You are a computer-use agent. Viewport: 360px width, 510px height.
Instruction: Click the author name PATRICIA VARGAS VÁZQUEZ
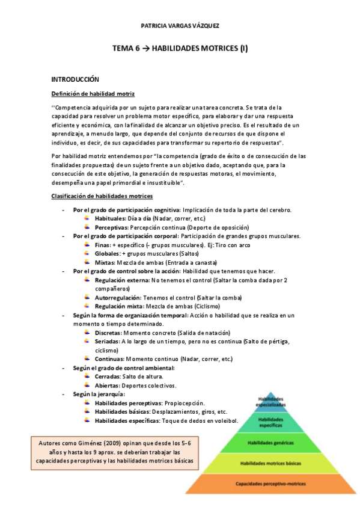[180, 26]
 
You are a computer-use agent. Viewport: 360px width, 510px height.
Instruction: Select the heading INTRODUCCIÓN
[75, 79]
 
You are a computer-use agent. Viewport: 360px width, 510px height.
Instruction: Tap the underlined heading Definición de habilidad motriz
[93, 94]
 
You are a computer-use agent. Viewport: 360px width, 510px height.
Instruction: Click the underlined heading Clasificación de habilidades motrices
[102, 197]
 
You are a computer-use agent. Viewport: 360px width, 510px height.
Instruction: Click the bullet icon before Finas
[89, 245]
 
